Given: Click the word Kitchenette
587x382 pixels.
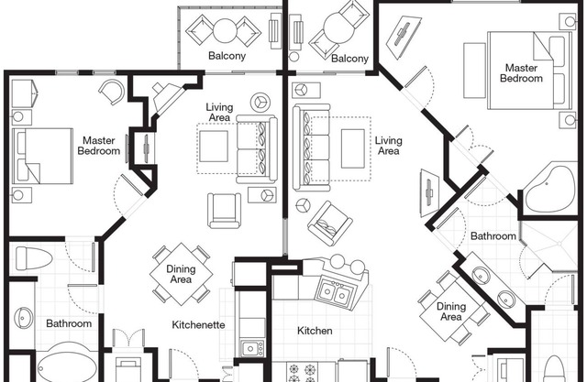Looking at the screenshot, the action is pyautogui.click(x=198, y=325).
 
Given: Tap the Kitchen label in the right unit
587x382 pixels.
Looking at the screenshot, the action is pyautogui.click(x=315, y=331).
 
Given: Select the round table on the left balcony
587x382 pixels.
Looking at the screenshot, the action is pyautogui.click(x=225, y=30).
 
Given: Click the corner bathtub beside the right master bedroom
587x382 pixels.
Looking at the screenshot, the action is pyautogui.click(x=549, y=189).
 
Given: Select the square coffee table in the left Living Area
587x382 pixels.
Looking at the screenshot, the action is pyautogui.click(x=214, y=147).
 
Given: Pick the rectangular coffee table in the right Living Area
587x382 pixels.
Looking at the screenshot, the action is pyautogui.click(x=352, y=148).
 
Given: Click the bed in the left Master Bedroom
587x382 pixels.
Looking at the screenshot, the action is pyautogui.click(x=43, y=157).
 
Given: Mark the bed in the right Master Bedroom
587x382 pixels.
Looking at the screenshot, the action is pyautogui.click(x=530, y=71).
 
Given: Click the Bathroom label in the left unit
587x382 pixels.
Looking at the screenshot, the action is pyautogui.click(x=69, y=323).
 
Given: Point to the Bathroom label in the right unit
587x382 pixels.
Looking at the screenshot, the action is pyautogui.click(x=493, y=236).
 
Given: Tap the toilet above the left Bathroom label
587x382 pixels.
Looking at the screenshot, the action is pyautogui.click(x=33, y=258).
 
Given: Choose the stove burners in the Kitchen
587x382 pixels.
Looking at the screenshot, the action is pyautogui.click(x=302, y=372).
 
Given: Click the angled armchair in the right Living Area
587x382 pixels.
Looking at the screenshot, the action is pyautogui.click(x=329, y=224).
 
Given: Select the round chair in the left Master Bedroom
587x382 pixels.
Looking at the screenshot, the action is pyautogui.click(x=112, y=92).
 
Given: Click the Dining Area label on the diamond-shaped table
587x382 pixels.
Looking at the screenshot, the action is pyautogui.click(x=181, y=274).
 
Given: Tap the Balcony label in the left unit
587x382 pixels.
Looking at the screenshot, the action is pyautogui.click(x=227, y=56).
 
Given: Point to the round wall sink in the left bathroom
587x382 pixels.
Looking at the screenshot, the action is pyautogui.click(x=23, y=317).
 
